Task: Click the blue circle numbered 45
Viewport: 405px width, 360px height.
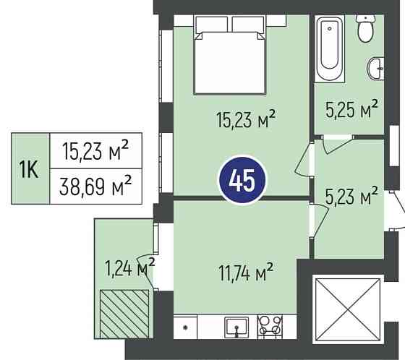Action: click(242, 180)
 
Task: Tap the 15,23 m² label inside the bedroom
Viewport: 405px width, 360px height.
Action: click(246, 119)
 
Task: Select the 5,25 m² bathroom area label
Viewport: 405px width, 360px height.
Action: click(351, 109)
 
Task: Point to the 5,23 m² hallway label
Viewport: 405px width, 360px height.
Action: click(351, 196)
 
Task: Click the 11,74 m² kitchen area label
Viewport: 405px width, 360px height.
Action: click(246, 273)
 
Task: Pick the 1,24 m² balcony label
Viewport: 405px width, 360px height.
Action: click(129, 267)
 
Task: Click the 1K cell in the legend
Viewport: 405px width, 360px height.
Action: click(30, 168)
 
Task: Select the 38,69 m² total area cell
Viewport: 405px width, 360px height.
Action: click(95, 187)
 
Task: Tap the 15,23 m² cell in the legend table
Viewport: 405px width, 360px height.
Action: click(95, 150)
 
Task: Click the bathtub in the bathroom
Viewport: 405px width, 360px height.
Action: click(330, 49)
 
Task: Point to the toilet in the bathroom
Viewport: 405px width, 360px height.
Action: click(366, 29)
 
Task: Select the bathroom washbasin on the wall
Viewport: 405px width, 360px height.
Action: click(375, 69)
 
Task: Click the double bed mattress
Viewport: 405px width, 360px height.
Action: click(230, 63)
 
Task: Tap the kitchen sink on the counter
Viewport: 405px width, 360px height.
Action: click(236, 327)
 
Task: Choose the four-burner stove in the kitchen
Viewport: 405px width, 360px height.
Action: click(270, 327)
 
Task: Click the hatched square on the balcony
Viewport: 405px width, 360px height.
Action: click(124, 314)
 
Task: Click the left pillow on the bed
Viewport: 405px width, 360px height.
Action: click(212, 25)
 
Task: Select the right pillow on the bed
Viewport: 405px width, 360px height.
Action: click(249, 25)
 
